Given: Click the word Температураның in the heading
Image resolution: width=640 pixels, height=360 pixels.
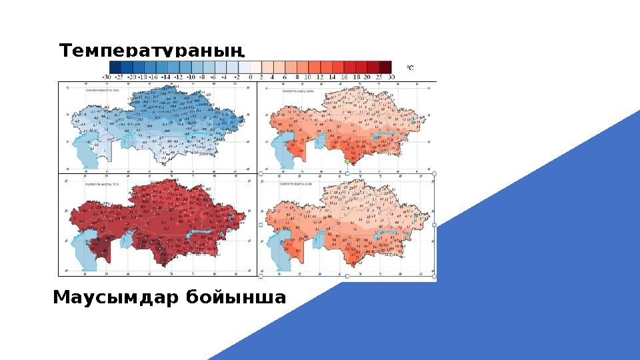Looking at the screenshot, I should click(x=153, y=51).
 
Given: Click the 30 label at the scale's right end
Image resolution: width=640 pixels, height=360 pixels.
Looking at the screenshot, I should click(x=391, y=77).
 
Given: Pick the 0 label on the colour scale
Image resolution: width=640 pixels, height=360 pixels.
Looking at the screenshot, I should click(x=250, y=77).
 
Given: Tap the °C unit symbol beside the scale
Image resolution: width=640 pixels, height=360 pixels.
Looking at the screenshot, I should click(x=410, y=67).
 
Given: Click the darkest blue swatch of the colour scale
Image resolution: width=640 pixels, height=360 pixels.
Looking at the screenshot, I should click(x=115, y=67).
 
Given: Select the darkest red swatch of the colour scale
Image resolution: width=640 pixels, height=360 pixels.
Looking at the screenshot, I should click(x=385, y=67).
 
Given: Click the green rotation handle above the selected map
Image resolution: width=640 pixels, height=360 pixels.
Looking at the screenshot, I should click(x=347, y=162).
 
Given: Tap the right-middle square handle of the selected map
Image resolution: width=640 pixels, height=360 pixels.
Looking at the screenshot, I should click(x=435, y=225).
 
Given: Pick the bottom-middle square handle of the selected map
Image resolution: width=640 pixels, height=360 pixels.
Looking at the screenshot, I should click(x=347, y=276).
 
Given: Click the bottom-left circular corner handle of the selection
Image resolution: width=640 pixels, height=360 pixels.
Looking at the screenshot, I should click(x=260, y=276).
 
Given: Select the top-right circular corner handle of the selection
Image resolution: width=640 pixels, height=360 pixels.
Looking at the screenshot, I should click(x=435, y=173).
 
